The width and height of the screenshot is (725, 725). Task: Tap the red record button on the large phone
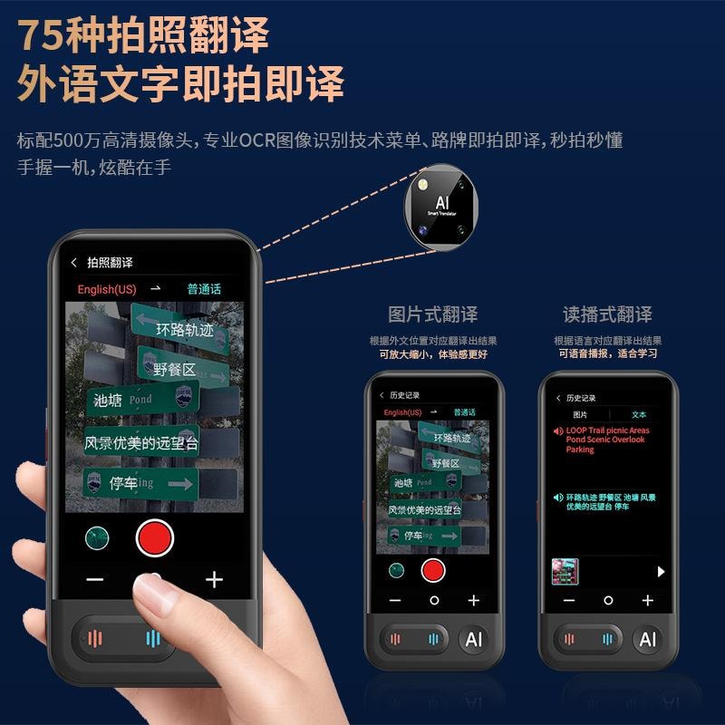pyautogui.click(x=154, y=537)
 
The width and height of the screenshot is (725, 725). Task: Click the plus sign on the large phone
pyautogui.click(x=214, y=580)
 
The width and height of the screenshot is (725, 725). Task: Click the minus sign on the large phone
pyautogui.click(x=95, y=580)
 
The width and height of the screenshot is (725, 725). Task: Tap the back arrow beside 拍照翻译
pyautogui.click(x=74, y=263)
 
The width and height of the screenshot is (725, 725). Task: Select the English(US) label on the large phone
pyautogui.click(x=108, y=289)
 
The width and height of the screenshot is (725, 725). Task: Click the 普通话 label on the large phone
pyautogui.click(x=204, y=289)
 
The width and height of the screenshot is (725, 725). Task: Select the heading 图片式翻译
pyautogui.click(x=432, y=314)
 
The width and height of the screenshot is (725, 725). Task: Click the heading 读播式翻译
pyautogui.click(x=607, y=314)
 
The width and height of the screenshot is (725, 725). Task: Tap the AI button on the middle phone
pyautogui.click(x=473, y=639)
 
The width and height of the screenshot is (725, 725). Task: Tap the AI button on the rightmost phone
pyautogui.click(x=647, y=639)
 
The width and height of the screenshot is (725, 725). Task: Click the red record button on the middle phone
pyautogui.click(x=433, y=570)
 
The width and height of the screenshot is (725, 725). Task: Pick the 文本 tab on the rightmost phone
pyautogui.click(x=640, y=414)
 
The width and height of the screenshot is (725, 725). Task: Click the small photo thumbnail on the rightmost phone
pyautogui.click(x=565, y=572)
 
